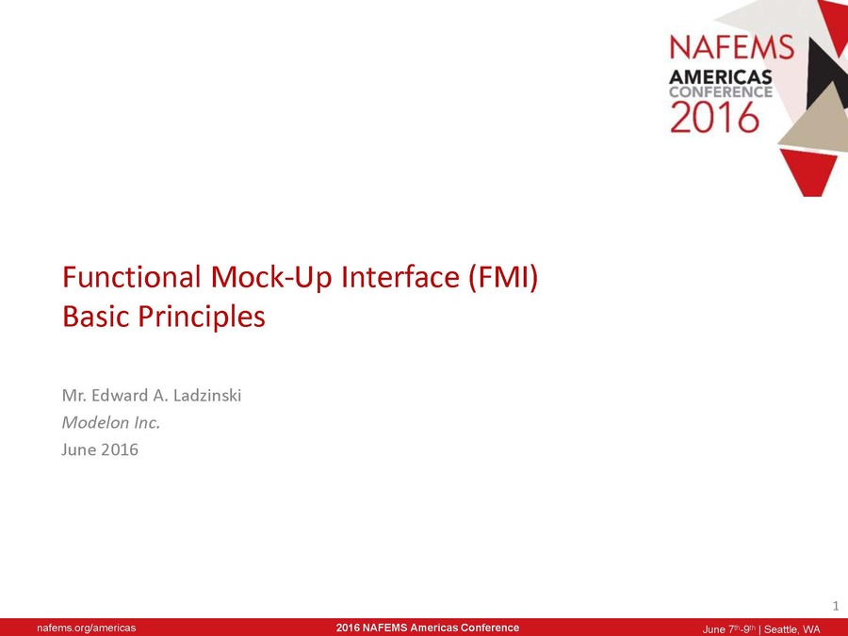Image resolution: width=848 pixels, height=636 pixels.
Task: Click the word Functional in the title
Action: pyautogui.click(x=132, y=276)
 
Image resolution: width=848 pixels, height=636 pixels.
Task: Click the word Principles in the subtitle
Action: pyautogui.click(x=202, y=317)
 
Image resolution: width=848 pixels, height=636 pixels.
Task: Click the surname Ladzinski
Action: pyautogui.click(x=207, y=396)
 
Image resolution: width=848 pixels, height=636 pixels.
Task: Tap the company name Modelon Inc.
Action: pyautogui.click(x=111, y=422)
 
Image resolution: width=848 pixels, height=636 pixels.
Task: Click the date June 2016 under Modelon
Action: pyautogui.click(x=100, y=449)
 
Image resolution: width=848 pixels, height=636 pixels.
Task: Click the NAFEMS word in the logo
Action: pyautogui.click(x=732, y=47)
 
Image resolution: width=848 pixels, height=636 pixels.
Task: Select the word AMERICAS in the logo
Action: pyautogui.click(x=721, y=77)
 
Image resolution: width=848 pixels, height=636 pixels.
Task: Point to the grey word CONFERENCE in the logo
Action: pyautogui.click(x=721, y=92)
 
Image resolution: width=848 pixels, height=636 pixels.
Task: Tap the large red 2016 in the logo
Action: pyautogui.click(x=714, y=117)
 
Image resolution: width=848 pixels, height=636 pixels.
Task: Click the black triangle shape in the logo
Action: pyautogui.click(x=824, y=71)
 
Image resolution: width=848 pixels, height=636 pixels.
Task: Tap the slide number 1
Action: pyautogui.click(x=836, y=606)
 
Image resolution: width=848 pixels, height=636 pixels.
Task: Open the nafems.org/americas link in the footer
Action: pyautogui.click(x=87, y=628)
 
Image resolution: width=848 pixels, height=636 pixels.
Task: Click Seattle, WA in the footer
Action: pyautogui.click(x=791, y=629)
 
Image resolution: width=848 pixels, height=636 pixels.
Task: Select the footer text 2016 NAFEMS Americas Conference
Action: pyautogui.click(x=428, y=628)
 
